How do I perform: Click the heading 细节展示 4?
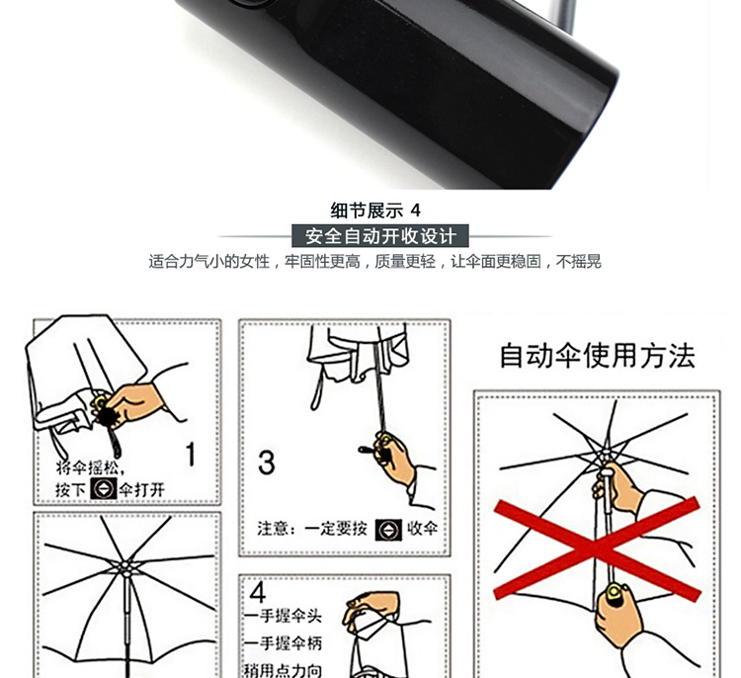pos(375,211)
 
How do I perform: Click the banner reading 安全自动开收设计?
pos(380,236)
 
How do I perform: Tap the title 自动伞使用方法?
pos(598,356)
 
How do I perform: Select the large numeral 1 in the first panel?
pos(191,455)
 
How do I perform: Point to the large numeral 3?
pos(267,463)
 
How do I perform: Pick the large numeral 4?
pos(258,591)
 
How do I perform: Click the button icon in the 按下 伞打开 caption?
pos(104,488)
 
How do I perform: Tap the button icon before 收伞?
pos(389,530)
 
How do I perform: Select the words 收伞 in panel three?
pos(423,528)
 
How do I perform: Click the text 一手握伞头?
pos(284,616)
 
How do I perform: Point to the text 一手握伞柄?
pos(284,643)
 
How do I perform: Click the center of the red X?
pos(597,550)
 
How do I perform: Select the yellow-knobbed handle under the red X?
pos(615,595)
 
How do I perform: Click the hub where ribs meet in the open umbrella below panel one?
pos(125,567)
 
